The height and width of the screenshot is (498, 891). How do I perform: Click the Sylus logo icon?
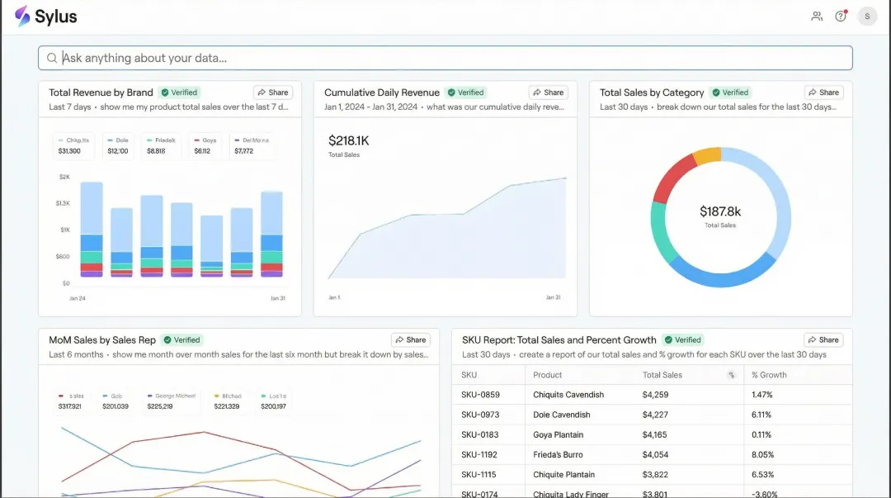click(22, 17)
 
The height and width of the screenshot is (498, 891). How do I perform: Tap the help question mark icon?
click(841, 17)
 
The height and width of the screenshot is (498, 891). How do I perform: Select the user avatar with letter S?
click(867, 17)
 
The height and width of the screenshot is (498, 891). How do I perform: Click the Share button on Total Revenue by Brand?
click(272, 92)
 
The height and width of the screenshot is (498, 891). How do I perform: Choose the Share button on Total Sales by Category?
click(823, 92)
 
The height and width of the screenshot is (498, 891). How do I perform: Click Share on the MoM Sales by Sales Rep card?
click(410, 339)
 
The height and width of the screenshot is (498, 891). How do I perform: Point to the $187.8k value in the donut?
click(720, 212)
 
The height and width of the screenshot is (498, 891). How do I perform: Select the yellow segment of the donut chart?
click(706, 156)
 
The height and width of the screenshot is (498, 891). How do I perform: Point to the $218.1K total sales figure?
click(348, 141)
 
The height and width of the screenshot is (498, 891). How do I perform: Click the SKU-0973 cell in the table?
click(480, 415)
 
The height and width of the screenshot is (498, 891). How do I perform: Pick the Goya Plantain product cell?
click(558, 434)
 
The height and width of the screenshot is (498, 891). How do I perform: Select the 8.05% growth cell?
click(762, 454)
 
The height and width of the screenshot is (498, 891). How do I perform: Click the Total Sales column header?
click(662, 375)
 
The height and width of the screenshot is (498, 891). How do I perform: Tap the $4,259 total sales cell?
click(655, 395)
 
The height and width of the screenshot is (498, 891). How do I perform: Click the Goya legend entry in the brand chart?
click(205, 145)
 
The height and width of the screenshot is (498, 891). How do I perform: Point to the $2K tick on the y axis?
click(64, 177)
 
